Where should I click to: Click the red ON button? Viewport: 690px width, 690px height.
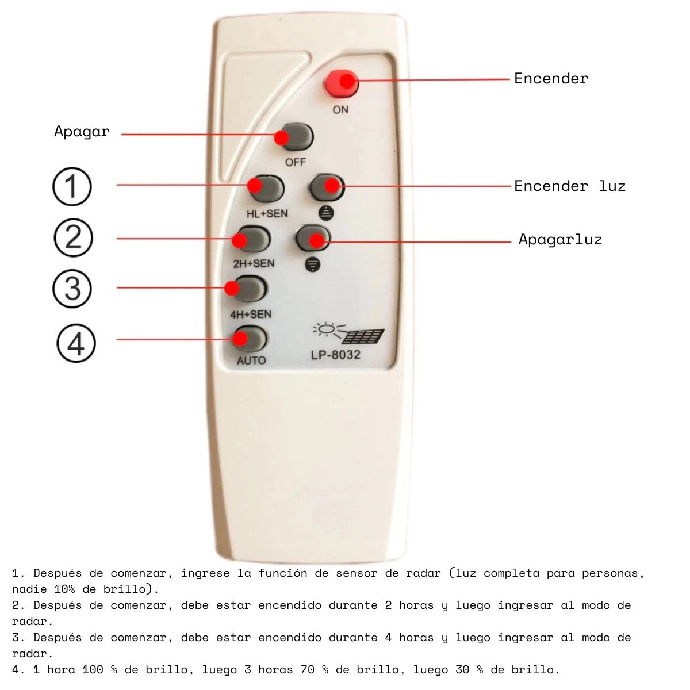[x=341, y=83]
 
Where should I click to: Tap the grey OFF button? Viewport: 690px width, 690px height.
[x=296, y=137]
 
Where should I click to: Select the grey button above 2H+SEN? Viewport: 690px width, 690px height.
[x=252, y=239]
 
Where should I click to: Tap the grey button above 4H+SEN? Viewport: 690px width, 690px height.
[x=248, y=289]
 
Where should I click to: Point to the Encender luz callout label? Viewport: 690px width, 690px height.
[x=570, y=186]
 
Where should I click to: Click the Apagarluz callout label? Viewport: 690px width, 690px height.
[x=561, y=240]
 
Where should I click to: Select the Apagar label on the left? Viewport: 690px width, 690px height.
[x=82, y=132]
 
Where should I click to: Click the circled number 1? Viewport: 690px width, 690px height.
[x=72, y=186]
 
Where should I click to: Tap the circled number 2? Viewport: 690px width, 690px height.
[x=74, y=237]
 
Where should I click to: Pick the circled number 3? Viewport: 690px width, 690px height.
[x=72, y=289]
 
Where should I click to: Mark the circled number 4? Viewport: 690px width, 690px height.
[x=76, y=343]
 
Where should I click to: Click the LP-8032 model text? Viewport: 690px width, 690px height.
[x=335, y=355]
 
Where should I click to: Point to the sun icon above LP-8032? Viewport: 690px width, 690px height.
[x=326, y=329]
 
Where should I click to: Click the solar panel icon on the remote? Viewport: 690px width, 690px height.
[x=362, y=336]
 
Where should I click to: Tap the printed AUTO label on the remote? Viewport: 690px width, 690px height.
[x=251, y=360]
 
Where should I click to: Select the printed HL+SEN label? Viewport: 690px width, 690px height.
[x=267, y=214]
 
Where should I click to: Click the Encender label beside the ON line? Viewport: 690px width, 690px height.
[x=551, y=79]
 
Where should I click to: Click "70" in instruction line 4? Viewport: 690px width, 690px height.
[x=308, y=670]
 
